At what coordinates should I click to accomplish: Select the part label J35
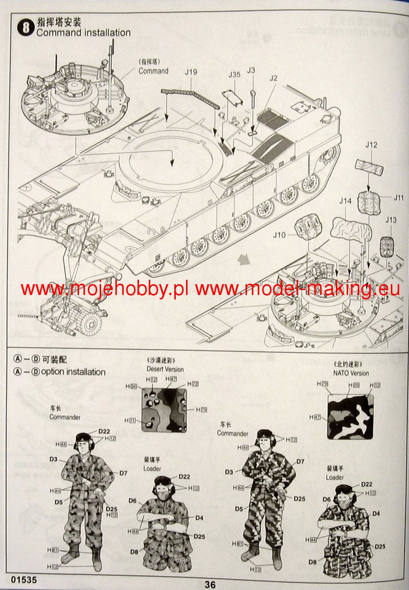click(234, 75)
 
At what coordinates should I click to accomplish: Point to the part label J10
click(279, 235)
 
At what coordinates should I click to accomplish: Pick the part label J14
click(345, 201)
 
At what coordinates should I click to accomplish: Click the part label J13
click(391, 220)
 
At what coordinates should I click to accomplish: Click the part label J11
click(398, 198)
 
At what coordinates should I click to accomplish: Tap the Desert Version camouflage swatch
click(164, 410)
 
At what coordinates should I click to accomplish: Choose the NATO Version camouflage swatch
click(351, 416)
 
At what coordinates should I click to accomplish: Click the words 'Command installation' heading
click(83, 33)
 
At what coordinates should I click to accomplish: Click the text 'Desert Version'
click(165, 369)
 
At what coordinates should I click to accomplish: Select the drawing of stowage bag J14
click(350, 229)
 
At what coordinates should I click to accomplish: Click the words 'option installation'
click(73, 372)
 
